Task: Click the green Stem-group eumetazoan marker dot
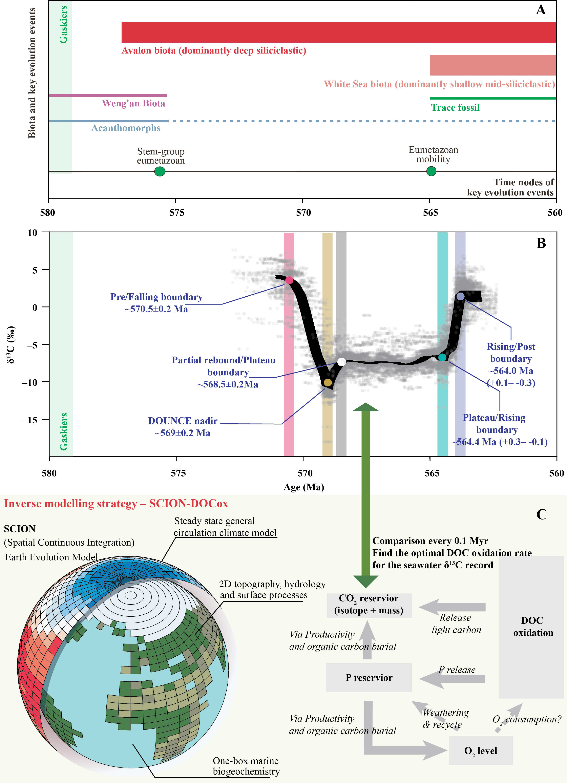click(x=160, y=171)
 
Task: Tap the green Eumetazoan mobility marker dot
click(x=431, y=171)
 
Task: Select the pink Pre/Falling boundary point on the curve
click(x=289, y=280)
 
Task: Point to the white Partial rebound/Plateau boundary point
click(x=341, y=362)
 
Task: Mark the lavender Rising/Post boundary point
click(x=460, y=296)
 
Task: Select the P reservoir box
click(x=369, y=678)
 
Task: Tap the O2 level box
click(x=481, y=750)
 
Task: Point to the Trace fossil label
click(x=455, y=108)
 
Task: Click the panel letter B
click(x=541, y=243)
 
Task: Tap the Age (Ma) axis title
click(x=304, y=487)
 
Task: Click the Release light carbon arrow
click(x=452, y=607)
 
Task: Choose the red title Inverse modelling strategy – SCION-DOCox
click(x=116, y=504)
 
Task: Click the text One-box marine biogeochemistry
click(x=246, y=766)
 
